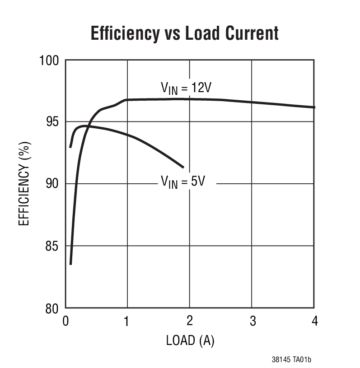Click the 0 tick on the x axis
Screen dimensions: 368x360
66,321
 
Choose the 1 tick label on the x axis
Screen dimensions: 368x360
127,321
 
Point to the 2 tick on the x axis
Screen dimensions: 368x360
190,321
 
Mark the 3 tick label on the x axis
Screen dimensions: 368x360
252,321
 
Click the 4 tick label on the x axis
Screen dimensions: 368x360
314,321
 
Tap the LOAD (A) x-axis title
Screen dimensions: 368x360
190,340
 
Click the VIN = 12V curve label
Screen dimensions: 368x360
186,88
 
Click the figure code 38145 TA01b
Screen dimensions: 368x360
291,360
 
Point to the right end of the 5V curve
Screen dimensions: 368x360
183,168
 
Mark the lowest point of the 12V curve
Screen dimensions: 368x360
70,264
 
